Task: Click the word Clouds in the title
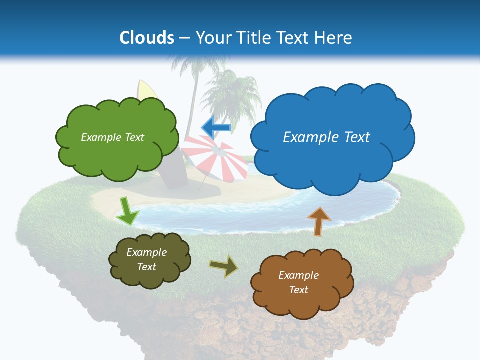point(147,38)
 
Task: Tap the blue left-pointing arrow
point(216,128)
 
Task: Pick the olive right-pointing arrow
point(224,267)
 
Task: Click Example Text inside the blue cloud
point(326,137)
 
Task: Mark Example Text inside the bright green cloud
point(112,137)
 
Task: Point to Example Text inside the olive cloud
point(147,260)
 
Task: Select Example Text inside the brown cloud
point(299,283)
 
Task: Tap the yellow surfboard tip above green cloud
point(145,90)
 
